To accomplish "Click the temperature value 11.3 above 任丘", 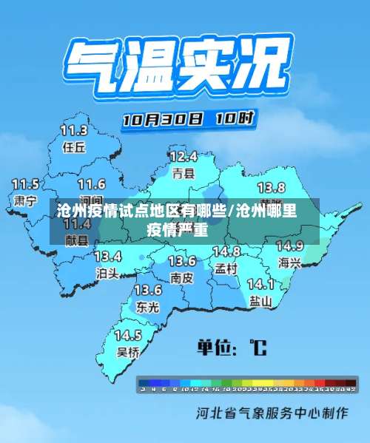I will [74, 131].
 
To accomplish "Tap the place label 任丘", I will [74, 146].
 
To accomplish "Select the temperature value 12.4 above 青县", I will [183, 157].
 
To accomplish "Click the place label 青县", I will [183, 174].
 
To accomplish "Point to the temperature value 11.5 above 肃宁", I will [26, 183].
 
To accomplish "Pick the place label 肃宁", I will [26, 200].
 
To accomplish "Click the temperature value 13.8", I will [271, 187].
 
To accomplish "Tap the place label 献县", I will [76, 240].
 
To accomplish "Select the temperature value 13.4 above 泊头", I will [108, 257].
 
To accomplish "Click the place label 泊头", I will [108, 273].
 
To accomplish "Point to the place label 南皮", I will [181, 278].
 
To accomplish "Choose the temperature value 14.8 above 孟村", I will [226, 251].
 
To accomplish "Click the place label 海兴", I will [289, 263].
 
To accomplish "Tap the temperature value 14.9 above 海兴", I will [289, 246].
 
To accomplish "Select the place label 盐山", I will [260, 300].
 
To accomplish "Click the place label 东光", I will [147, 306].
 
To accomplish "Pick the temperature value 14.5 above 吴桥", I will [128, 336].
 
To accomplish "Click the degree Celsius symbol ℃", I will [258, 346].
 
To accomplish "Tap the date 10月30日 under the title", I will [163, 119].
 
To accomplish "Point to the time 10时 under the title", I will [235, 117].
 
